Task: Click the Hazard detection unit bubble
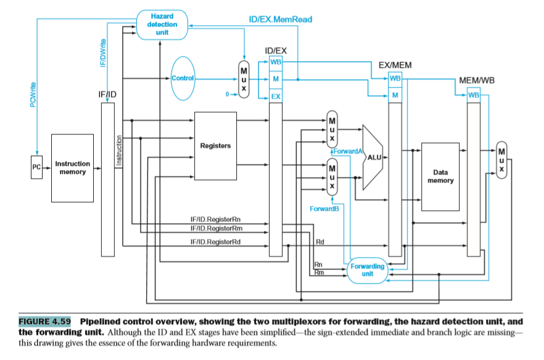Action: click(162, 24)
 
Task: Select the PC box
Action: click(36, 168)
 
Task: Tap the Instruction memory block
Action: click(72, 168)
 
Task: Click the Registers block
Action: click(215, 145)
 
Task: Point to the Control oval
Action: click(183, 79)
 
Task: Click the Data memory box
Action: click(440, 176)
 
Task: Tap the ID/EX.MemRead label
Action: click(280, 19)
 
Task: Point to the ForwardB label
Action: click(328, 209)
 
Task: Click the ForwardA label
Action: click(348, 150)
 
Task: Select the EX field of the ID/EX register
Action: click(275, 97)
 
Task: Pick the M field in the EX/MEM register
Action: click(395, 94)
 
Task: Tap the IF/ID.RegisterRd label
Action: click(215, 242)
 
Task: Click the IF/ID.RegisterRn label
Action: click(215, 220)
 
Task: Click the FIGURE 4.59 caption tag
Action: click(44, 321)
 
